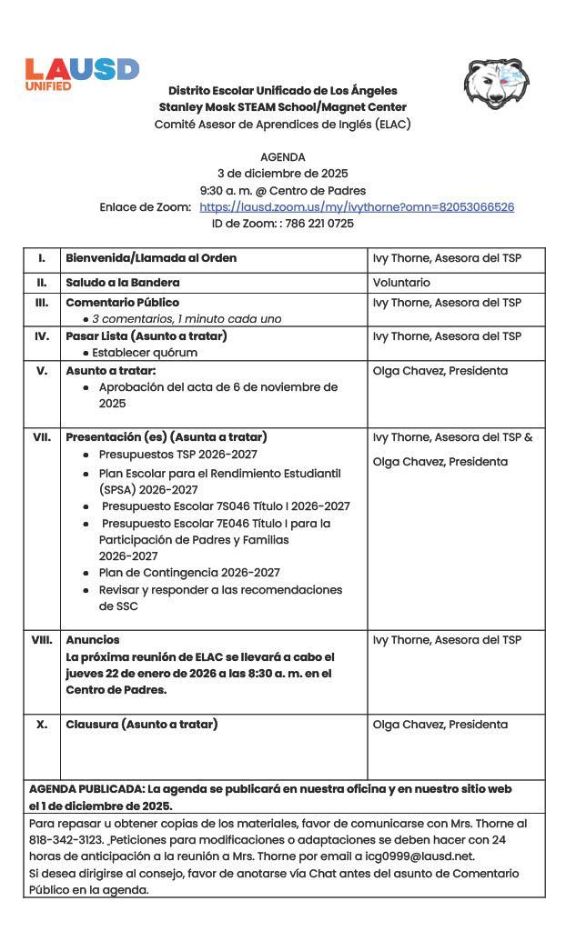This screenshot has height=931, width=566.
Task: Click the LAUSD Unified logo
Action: [81, 74]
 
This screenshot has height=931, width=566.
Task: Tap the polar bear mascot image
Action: [496, 85]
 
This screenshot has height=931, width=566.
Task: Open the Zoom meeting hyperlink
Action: [357, 207]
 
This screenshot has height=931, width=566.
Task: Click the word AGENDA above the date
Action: [282, 157]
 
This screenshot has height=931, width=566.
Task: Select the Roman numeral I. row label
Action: [42, 258]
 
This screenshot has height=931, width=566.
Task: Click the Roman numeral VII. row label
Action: [42, 437]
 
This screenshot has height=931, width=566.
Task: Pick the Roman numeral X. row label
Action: [42, 725]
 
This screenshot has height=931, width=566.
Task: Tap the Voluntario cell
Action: [401, 283]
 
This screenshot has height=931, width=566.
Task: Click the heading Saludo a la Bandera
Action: [122, 283]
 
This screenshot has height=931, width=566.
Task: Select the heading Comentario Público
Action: [122, 303]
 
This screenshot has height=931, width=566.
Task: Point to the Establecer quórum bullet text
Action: [144, 353]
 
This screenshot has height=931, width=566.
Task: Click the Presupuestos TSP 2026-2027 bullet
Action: [177, 455]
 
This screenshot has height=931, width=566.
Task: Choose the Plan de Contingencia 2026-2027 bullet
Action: [189, 573]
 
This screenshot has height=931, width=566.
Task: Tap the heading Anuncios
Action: [92, 640]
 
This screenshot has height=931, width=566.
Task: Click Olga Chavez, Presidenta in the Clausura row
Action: [440, 725]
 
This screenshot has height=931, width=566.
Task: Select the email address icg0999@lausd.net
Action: [428, 856]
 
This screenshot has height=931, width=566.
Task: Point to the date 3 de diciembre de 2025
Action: [282, 174]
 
